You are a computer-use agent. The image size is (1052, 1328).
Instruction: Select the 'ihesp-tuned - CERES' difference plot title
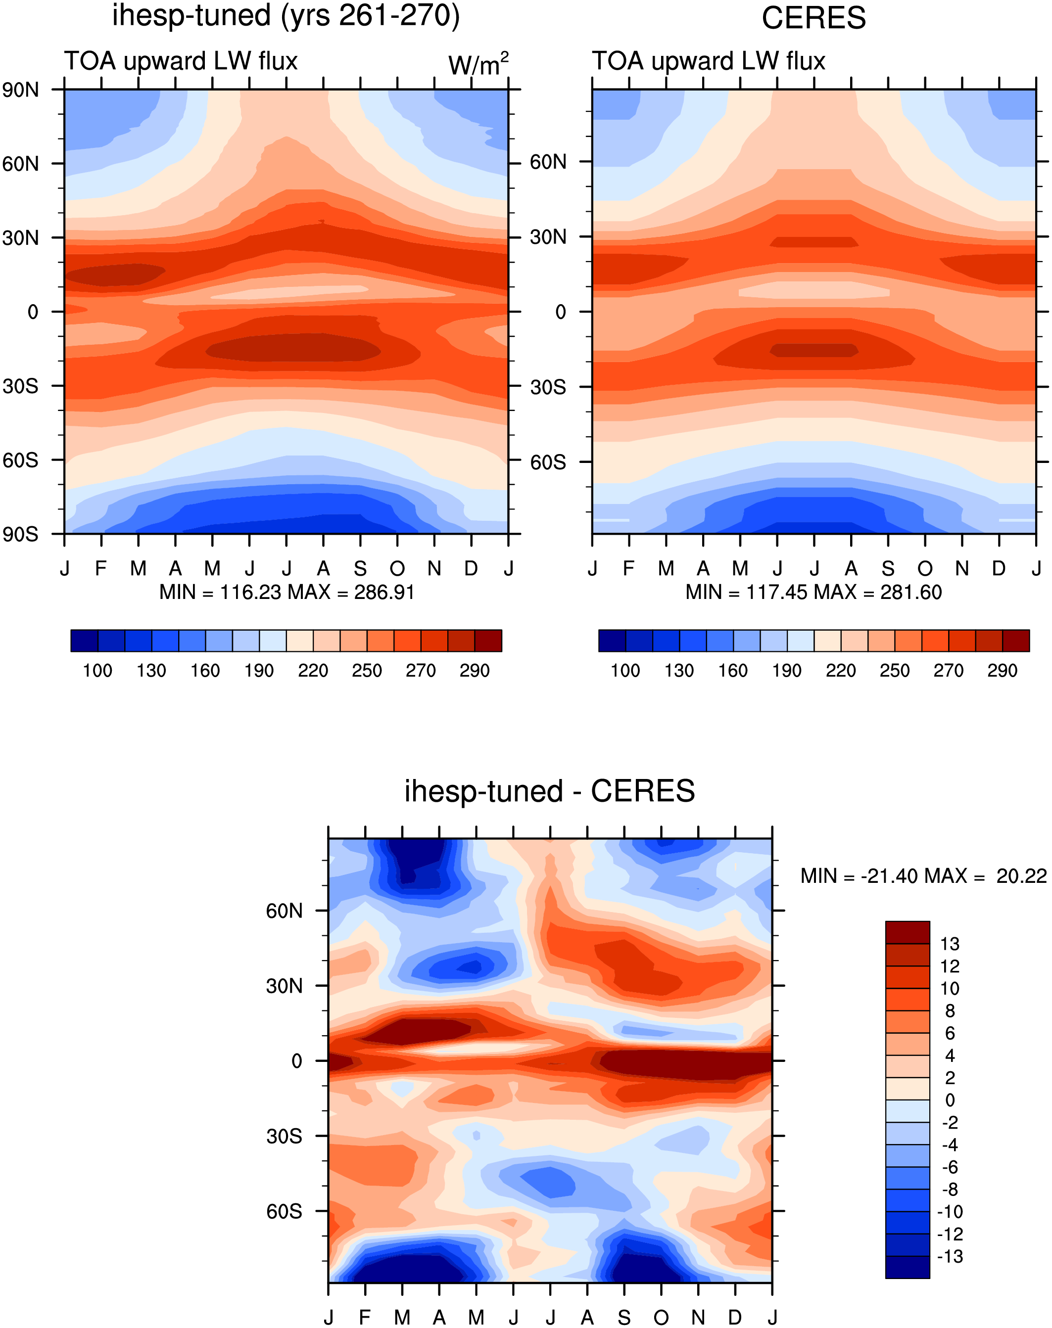tap(549, 791)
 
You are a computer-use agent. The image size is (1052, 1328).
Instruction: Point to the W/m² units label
tap(478, 64)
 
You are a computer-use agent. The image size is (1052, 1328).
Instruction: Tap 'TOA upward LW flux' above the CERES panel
tap(708, 61)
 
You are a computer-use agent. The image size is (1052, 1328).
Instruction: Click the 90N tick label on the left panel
tap(20, 90)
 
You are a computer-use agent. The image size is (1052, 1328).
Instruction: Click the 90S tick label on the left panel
tap(20, 534)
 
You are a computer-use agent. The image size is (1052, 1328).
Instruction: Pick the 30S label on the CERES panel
tap(548, 387)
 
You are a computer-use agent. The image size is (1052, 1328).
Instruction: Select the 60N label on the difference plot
tap(285, 911)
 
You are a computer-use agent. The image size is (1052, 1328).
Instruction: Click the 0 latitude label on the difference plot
tap(297, 1061)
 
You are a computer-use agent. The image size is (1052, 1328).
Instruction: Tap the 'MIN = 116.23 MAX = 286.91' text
tap(287, 592)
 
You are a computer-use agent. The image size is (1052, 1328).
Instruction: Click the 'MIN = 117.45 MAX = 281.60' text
tap(813, 592)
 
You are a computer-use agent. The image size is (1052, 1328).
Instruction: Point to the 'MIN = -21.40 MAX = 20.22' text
tap(924, 875)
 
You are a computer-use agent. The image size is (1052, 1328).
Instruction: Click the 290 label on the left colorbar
tap(474, 671)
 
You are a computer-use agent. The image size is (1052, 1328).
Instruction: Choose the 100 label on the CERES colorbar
tap(625, 671)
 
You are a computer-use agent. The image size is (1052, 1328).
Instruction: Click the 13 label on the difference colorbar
tap(950, 944)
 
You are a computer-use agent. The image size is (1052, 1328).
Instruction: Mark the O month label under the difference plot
tap(661, 1318)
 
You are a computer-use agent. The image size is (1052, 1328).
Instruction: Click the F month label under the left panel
tap(101, 568)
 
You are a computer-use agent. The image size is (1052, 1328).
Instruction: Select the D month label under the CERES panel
tap(999, 568)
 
